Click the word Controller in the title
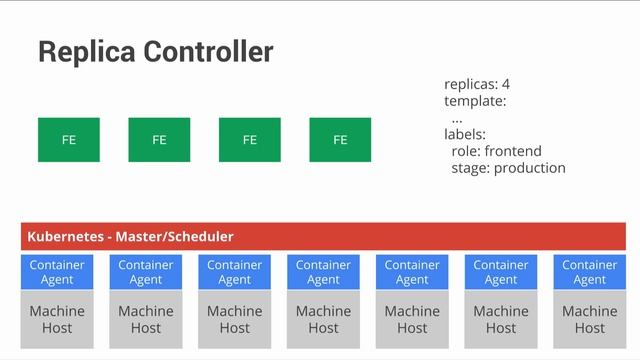pos(212,52)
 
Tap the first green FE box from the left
pos(68,140)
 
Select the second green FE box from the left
pos(159,140)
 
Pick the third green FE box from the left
pos(249,140)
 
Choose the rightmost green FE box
pos(340,140)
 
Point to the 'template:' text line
pos(475,101)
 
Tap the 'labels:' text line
pos(465,134)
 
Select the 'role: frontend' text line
pos(496,151)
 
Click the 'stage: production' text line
pos(508,168)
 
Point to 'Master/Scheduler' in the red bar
pos(174,237)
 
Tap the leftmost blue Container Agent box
pos(57,273)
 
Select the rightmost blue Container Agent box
pos(589,273)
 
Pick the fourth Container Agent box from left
pos(323,273)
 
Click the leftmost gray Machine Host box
pos(57,319)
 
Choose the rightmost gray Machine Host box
pos(589,319)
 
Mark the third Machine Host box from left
pos(234,319)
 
